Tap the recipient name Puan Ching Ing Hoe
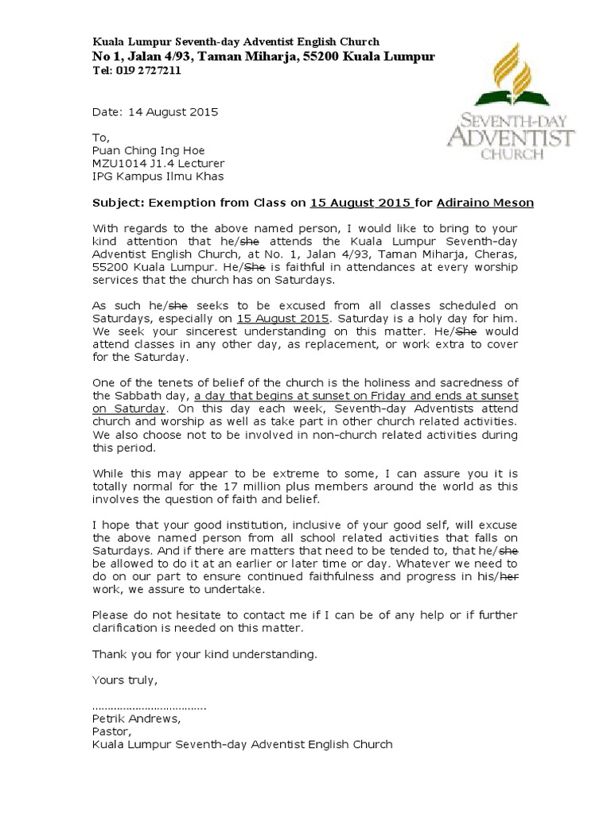(149, 150)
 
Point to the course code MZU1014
(119, 163)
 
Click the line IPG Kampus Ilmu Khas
(158, 176)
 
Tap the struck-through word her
(508, 577)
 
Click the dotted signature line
(149, 707)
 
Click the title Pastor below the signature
(110, 732)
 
